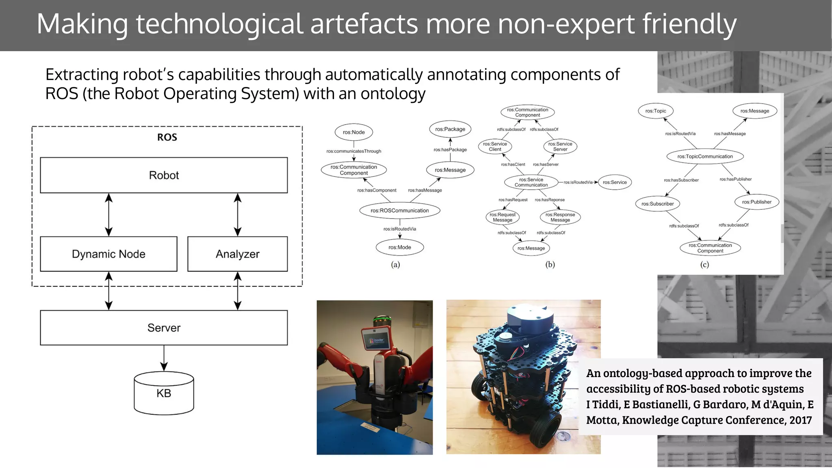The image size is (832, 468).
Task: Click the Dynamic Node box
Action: coord(108,254)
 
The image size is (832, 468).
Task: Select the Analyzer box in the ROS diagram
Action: coord(237,254)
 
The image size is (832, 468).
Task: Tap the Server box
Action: coord(164,328)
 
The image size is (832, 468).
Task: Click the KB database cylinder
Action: coord(164,393)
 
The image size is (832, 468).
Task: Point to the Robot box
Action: coord(164,175)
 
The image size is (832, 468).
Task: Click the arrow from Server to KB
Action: coord(164,357)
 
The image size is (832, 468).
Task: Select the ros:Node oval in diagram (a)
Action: coord(353,132)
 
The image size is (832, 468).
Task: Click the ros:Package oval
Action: coord(450,129)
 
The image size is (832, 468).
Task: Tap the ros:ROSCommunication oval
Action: coord(400,210)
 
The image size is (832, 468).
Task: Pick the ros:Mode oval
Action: coord(400,247)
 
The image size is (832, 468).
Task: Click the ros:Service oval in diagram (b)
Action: coord(615,182)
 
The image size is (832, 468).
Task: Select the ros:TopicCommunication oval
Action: coord(705,156)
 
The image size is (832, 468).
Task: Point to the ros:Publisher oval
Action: coord(756,202)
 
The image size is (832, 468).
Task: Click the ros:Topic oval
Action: coord(656,111)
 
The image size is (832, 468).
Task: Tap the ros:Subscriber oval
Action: coord(657,204)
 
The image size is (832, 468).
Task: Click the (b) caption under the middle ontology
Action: coord(550,264)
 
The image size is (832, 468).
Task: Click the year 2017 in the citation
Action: coord(800,420)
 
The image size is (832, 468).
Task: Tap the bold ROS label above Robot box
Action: coord(167,137)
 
